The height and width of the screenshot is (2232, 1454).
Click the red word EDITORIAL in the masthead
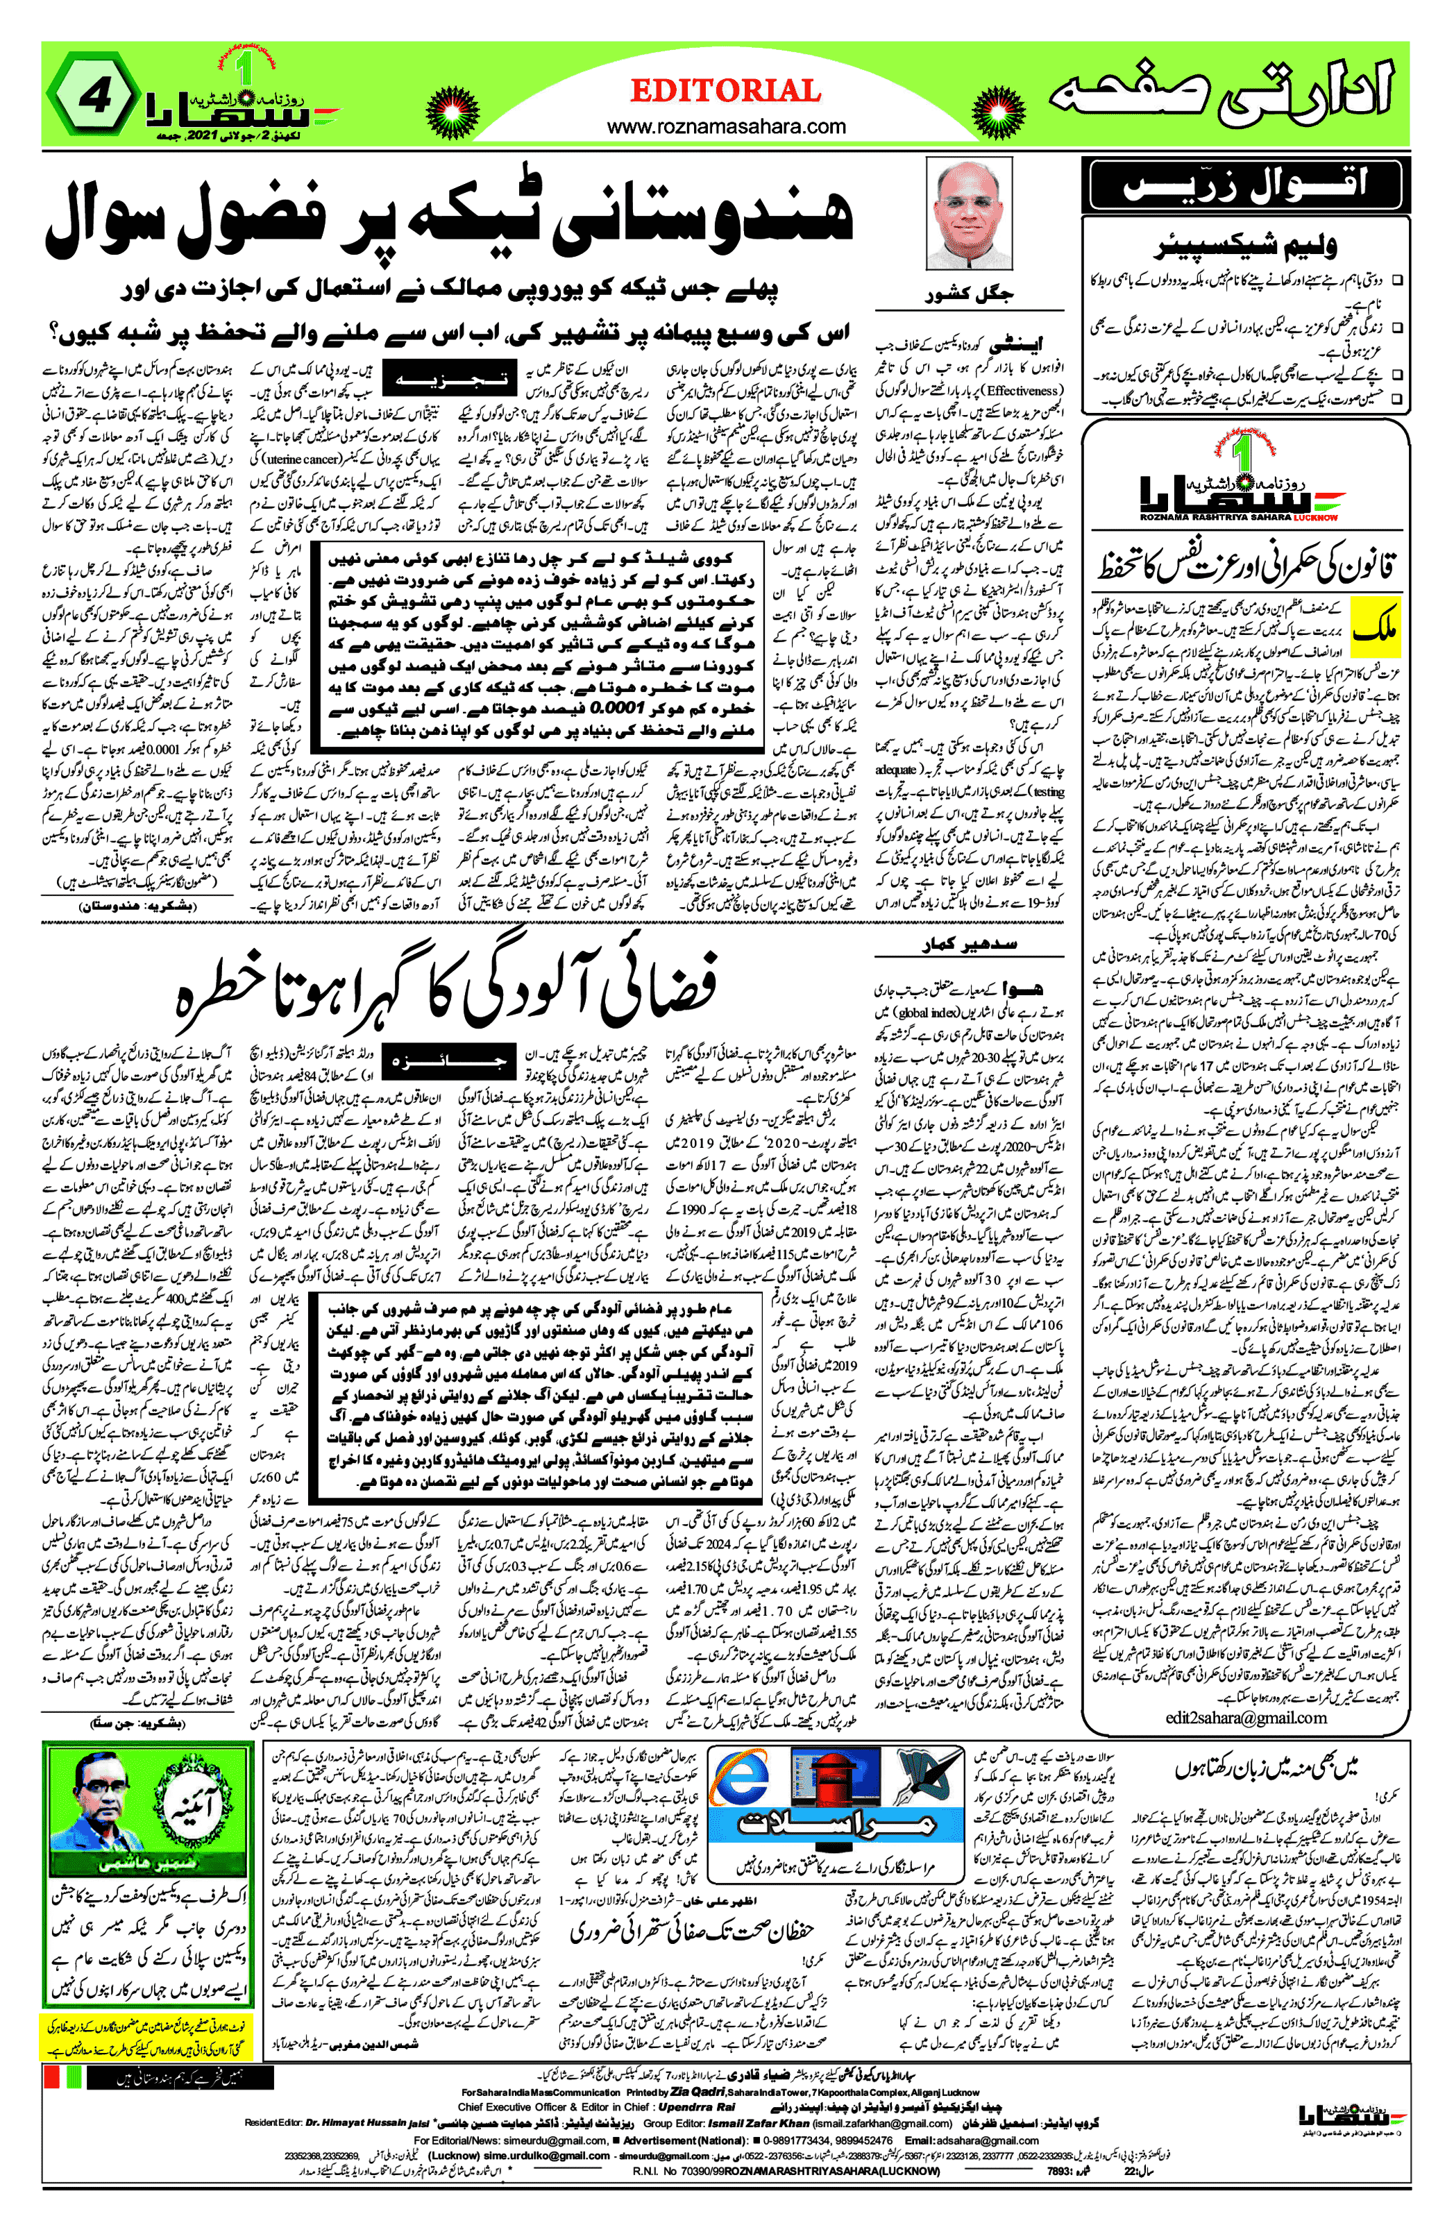(725, 91)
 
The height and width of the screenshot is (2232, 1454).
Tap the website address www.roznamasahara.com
(726, 126)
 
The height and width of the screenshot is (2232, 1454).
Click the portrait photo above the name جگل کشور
(967, 214)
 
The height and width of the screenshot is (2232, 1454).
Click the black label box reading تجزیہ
(448, 380)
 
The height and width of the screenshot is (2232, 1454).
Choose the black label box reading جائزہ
(446, 1063)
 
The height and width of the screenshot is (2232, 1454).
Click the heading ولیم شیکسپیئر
(1244, 246)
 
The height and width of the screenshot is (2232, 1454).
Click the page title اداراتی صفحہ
(1219, 94)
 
